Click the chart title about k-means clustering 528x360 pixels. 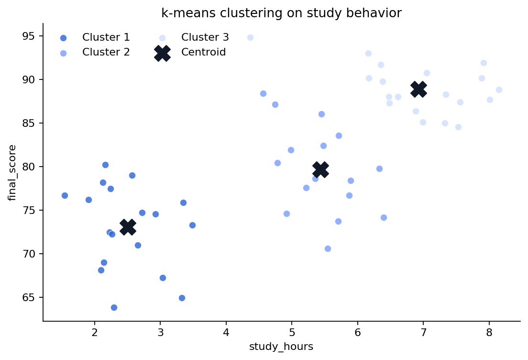(x=281, y=13)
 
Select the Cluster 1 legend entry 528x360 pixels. (x=105, y=37)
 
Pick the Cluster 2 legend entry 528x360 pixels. (x=105, y=52)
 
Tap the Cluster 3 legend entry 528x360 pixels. (x=205, y=37)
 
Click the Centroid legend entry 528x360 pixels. (x=203, y=52)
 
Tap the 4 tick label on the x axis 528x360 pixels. (x=226, y=332)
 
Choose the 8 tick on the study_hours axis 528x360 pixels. (x=489, y=332)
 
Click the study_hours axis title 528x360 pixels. (x=281, y=347)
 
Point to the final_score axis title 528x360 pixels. (x=13, y=172)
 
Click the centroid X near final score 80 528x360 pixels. (x=320, y=169)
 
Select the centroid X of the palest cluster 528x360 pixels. (x=418, y=89)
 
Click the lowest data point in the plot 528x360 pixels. (x=114, y=307)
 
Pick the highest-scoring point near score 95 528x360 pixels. (x=250, y=37)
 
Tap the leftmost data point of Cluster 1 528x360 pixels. (x=65, y=195)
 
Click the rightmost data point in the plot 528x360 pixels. (x=499, y=90)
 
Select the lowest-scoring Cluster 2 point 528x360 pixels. (x=328, y=248)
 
